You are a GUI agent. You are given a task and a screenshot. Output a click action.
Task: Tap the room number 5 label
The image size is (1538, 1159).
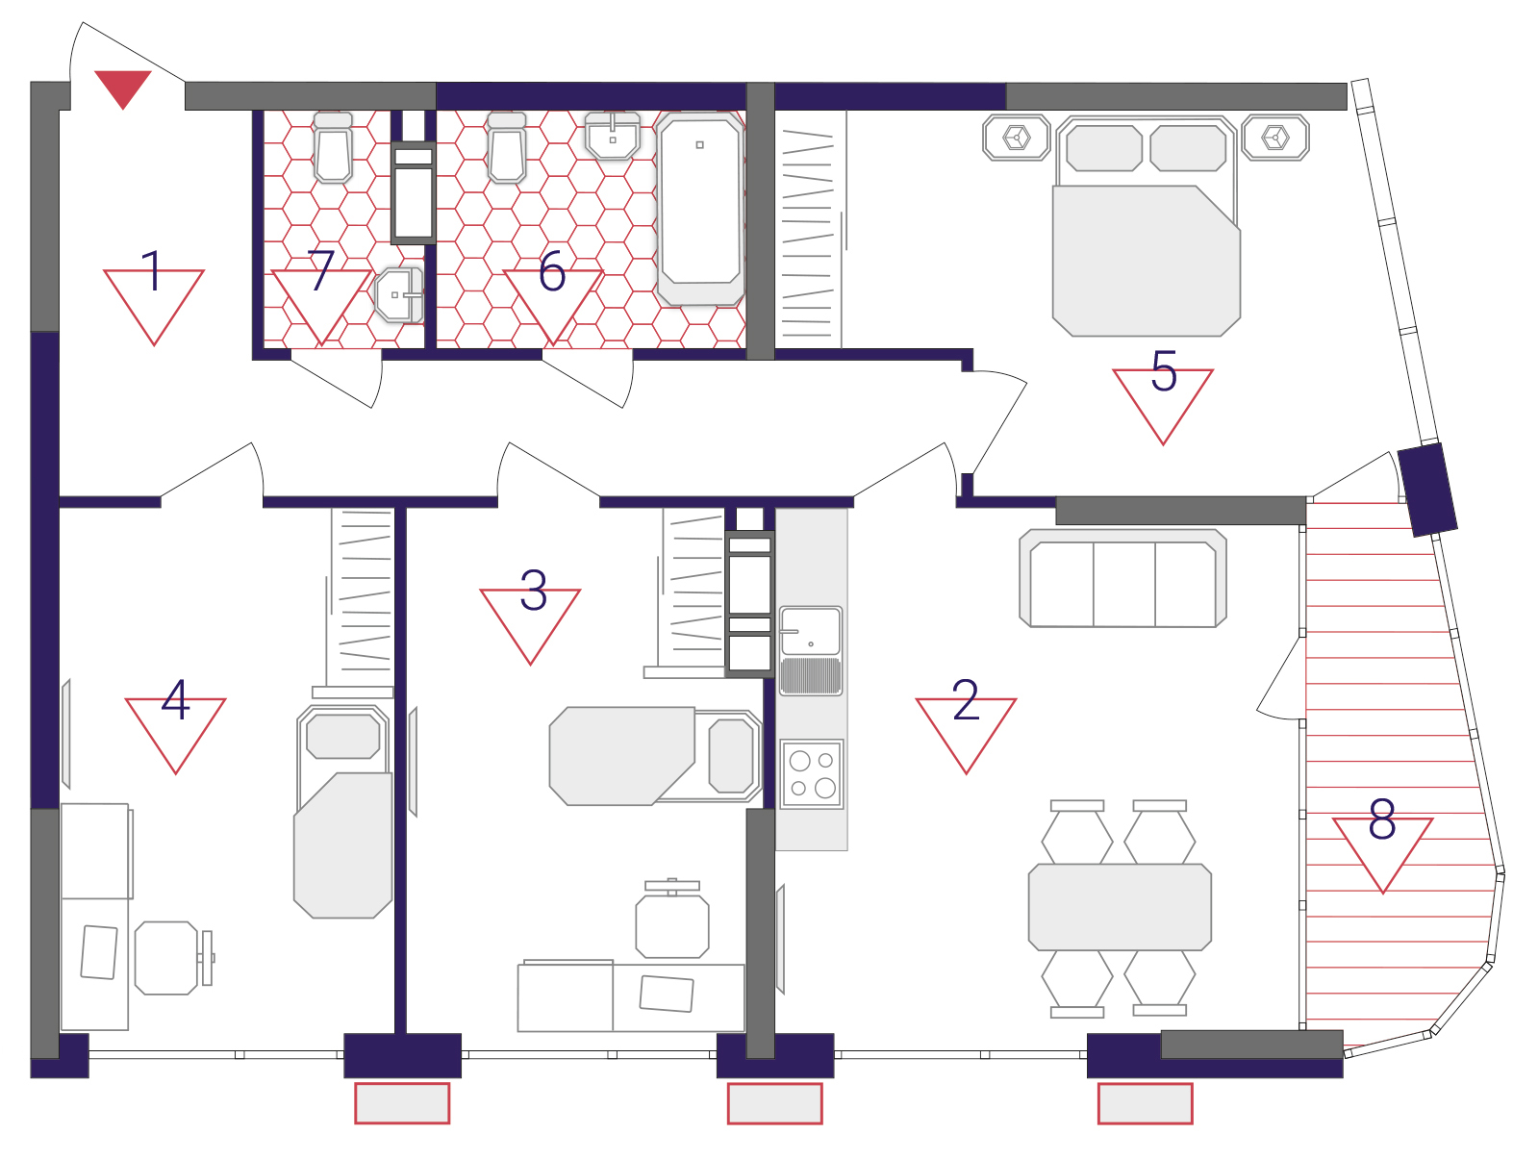(x=1164, y=370)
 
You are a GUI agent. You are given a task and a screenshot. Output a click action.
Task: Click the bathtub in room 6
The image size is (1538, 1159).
(x=700, y=209)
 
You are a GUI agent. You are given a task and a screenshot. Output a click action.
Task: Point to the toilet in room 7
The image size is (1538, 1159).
(x=333, y=147)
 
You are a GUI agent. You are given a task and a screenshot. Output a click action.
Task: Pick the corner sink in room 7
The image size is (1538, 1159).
(x=399, y=295)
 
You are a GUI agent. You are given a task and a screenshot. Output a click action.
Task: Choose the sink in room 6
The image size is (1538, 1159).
(x=613, y=136)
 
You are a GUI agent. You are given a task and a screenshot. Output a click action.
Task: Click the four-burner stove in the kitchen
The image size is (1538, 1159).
(x=812, y=773)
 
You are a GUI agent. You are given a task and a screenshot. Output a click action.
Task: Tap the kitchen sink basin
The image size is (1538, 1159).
(x=811, y=631)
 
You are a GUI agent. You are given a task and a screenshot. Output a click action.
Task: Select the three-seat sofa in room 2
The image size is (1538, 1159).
(x=1122, y=578)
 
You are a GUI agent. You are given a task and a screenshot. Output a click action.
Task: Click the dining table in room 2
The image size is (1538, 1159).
(x=1120, y=907)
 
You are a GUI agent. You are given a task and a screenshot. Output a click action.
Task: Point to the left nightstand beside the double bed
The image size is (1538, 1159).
(x=1016, y=138)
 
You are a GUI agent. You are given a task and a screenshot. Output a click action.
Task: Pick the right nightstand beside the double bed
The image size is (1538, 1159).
(x=1275, y=138)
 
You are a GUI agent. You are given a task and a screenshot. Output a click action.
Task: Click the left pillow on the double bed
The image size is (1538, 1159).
(x=1103, y=148)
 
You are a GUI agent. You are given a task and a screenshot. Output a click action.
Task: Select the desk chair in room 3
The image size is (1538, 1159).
(x=672, y=919)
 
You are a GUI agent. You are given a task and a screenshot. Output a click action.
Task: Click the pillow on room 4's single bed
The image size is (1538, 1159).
(x=343, y=736)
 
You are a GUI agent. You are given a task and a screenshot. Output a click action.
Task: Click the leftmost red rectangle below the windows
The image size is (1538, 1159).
(x=402, y=1103)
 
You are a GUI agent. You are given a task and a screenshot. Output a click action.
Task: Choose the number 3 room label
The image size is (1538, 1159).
(x=533, y=590)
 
